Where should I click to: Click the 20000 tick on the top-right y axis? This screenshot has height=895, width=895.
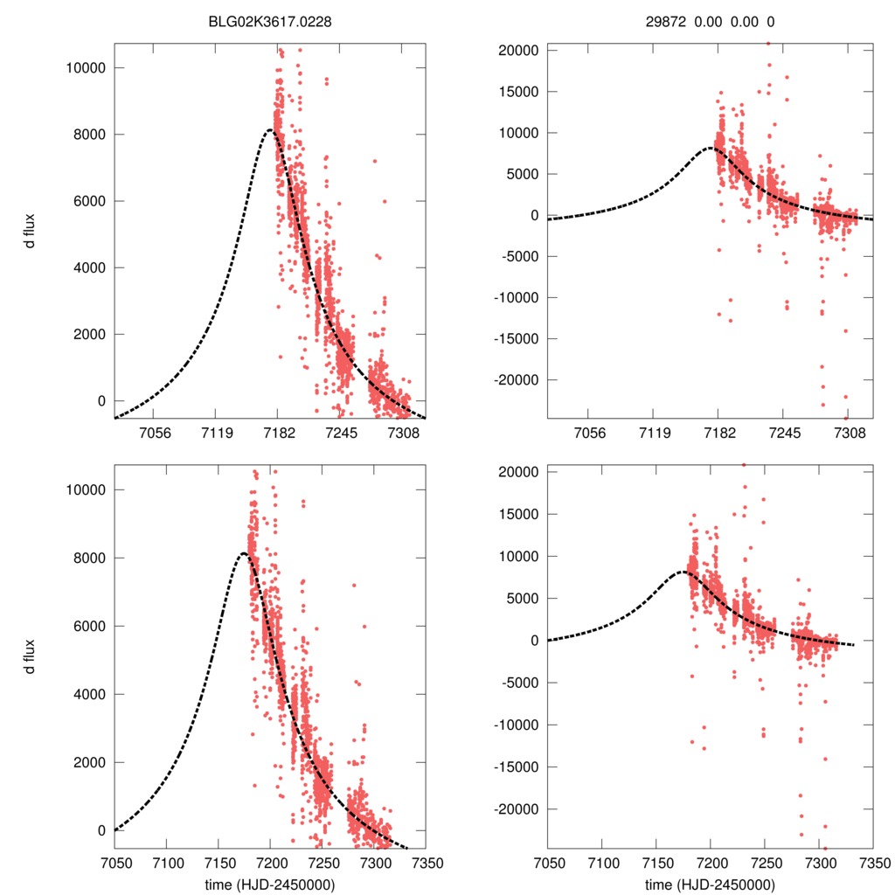tap(521, 51)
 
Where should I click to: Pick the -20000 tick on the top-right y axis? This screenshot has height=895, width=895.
tap(518, 380)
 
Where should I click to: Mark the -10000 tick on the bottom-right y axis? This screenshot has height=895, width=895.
tap(518, 725)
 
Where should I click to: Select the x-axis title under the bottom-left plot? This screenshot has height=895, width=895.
tap(270, 884)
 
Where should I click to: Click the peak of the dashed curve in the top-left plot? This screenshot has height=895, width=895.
tap(271, 129)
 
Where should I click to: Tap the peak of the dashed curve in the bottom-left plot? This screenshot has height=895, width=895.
tap(243, 553)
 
